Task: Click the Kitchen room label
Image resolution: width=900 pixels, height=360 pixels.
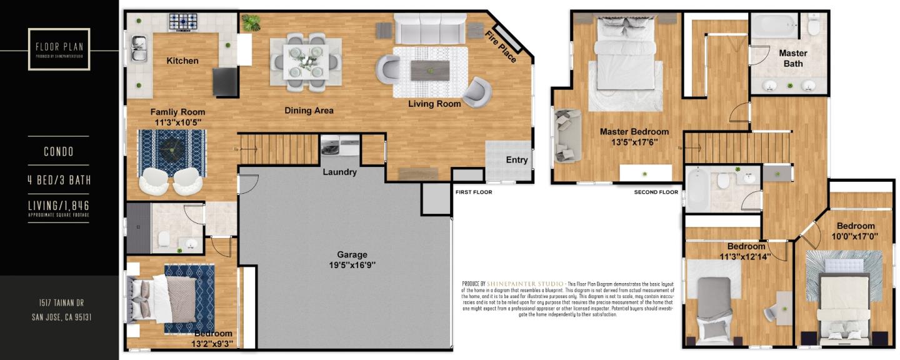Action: (182, 61)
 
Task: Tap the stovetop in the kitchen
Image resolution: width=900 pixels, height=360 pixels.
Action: (182, 22)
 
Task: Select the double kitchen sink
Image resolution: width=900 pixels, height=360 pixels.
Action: (139, 49)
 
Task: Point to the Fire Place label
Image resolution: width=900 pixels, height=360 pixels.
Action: (501, 46)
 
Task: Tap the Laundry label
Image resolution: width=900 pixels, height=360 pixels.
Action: (339, 172)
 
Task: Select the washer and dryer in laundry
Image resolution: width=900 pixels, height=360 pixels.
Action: (340, 145)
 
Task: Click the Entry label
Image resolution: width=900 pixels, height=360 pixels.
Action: (516, 159)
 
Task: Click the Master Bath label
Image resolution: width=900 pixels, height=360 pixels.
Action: (792, 58)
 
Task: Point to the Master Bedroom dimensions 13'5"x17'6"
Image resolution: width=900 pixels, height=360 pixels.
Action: (634, 142)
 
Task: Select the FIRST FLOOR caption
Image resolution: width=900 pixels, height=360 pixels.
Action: (473, 192)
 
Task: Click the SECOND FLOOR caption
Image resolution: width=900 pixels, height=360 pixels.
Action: (656, 192)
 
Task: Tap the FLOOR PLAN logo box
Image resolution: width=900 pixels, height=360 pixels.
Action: (59, 49)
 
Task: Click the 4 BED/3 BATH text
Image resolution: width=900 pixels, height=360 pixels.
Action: (59, 180)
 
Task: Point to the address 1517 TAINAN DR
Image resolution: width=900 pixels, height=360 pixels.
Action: (59, 302)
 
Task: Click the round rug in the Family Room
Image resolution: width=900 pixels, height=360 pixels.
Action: (171, 151)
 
